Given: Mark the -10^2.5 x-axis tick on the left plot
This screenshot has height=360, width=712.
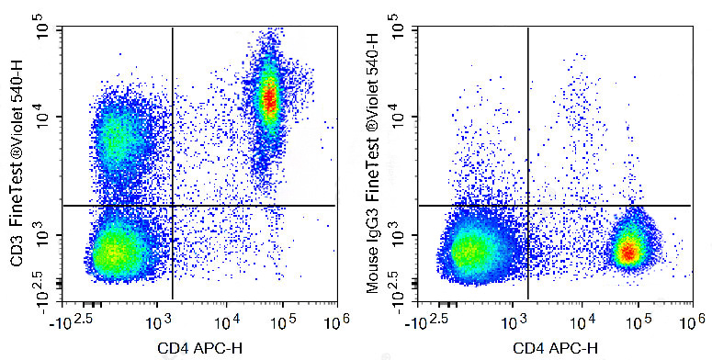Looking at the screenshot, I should point(76,323).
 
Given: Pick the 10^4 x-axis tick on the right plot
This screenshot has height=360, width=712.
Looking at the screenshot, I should point(580,323).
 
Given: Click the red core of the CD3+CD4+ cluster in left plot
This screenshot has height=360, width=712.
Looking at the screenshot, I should point(268,95).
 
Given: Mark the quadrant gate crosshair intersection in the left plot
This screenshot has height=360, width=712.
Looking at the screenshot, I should point(173,206).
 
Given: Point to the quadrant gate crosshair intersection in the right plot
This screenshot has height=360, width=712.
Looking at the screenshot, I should point(527,206).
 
